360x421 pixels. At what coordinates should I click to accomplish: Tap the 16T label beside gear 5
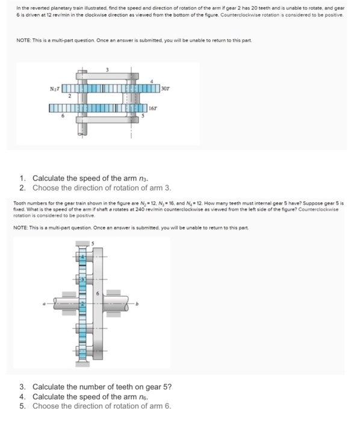click(x=153, y=109)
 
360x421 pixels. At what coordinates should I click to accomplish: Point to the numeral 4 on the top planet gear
click(x=82, y=257)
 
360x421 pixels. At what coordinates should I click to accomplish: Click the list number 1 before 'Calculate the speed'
click(x=22, y=179)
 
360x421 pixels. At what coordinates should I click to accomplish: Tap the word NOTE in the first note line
click(x=20, y=40)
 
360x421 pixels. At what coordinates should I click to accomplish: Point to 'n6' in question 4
click(x=141, y=396)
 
